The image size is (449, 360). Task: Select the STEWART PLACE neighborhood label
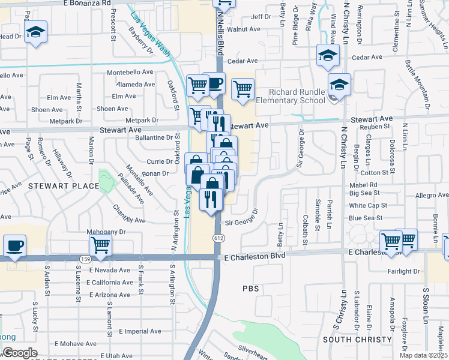click(63, 186)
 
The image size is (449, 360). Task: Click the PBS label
click(250, 288)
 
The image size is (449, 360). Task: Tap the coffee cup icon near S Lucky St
click(14, 246)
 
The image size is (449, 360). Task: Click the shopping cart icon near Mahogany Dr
click(100, 245)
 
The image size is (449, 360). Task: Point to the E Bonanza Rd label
click(88, 3)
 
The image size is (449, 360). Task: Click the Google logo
click(19, 353)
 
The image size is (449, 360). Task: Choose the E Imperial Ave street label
click(140, 331)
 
